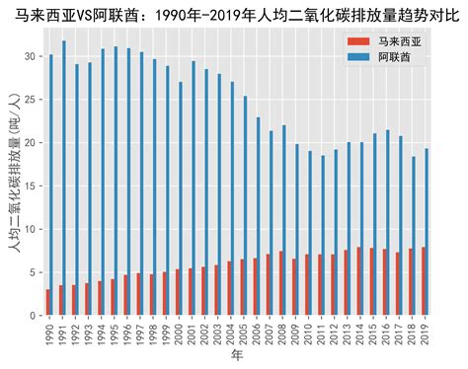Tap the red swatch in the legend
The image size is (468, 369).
coord(356,42)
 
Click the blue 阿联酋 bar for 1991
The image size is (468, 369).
coord(64,178)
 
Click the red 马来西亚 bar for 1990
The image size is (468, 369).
coord(47,303)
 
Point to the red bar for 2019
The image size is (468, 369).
coord(424,281)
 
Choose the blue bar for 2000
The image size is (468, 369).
coord(181,198)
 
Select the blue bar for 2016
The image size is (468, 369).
coord(389,222)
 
